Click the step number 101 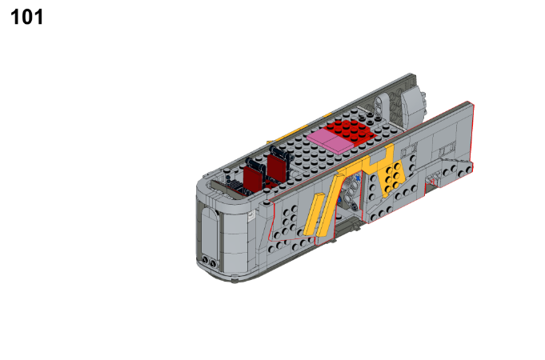26,17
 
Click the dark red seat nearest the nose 254,177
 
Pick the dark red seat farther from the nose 278,167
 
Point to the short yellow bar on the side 313,214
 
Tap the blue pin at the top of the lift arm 358,178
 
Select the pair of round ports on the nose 208,261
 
